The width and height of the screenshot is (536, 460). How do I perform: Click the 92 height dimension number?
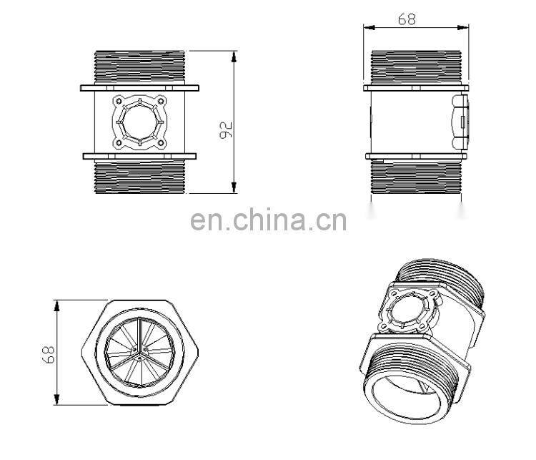click(x=227, y=129)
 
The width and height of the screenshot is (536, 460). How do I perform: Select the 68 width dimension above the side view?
click(x=407, y=19)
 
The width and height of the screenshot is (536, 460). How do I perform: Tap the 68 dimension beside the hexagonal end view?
click(x=47, y=353)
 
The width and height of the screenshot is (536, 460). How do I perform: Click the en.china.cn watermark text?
click(x=268, y=221)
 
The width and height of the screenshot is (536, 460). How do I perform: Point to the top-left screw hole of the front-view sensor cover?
click(x=117, y=101)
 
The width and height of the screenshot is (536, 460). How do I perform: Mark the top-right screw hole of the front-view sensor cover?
click(x=161, y=101)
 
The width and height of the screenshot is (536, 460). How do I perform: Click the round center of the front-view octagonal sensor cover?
click(x=139, y=122)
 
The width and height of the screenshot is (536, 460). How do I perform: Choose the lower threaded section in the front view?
click(x=139, y=176)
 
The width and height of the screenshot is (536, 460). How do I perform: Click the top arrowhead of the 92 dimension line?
click(x=234, y=54)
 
